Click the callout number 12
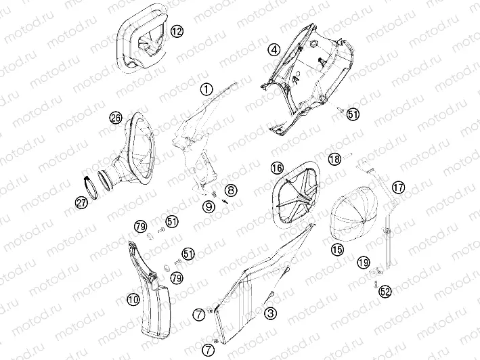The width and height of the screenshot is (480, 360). [177, 31]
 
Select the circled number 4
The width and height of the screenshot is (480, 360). [274, 49]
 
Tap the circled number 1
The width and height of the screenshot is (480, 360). [206, 89]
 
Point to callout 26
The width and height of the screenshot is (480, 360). [116, 118]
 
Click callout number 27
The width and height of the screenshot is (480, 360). [81, 203]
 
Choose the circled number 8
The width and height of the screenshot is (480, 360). [231, 191]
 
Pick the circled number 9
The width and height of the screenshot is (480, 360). [209, 207]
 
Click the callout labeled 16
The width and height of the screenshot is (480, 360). [278, 168]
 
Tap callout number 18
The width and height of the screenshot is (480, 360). [334, 159]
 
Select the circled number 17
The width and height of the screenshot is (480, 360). [398, 187]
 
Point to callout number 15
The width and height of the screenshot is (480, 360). [337, 250]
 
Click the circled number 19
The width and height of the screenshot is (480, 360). [364, 262]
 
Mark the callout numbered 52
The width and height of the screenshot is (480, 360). [385, 292]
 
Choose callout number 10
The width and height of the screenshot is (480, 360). [133, 300]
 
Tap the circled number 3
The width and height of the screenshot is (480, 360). [271, 313]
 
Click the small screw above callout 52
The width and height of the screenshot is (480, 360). [375, 284]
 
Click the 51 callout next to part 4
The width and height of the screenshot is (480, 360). [353, 114]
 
